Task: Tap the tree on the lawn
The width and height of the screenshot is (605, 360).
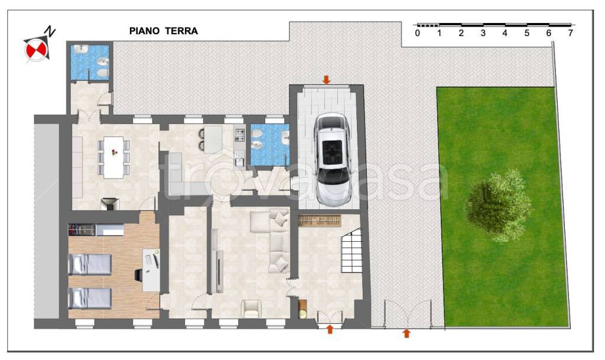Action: click(x=499, y=206)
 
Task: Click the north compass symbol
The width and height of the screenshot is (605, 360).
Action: click(x=38, y=45)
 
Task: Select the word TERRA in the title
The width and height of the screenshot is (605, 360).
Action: click(x=182, y=31)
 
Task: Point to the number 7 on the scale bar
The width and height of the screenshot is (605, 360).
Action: click(x=570, y=33)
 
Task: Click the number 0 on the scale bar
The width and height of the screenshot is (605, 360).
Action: click(x=418, y=33)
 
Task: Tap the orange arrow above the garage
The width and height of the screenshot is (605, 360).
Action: click(x=326, y=80)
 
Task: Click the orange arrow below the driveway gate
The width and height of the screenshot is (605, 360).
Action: click(x=406, y=333)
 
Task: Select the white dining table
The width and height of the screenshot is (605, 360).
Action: click(x=113, y=157)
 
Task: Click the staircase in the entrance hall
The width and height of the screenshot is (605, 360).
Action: click(x=352, y=250)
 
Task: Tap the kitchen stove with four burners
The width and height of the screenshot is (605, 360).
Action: click(x=240, y=135)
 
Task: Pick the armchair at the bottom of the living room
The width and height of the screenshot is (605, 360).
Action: click(x=251, y=309)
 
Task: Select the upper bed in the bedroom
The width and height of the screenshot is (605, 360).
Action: click(x=90, y=264)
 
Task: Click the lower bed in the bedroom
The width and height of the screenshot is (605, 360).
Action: click(x=90, y=299)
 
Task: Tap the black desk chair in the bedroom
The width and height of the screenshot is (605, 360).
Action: click(x=138, y=275)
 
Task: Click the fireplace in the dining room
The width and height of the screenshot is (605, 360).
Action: click(x=110, y=204)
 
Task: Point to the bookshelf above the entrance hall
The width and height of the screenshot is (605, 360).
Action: click(x=320, y=221)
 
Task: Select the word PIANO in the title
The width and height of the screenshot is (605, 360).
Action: click(x=144, y=31)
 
